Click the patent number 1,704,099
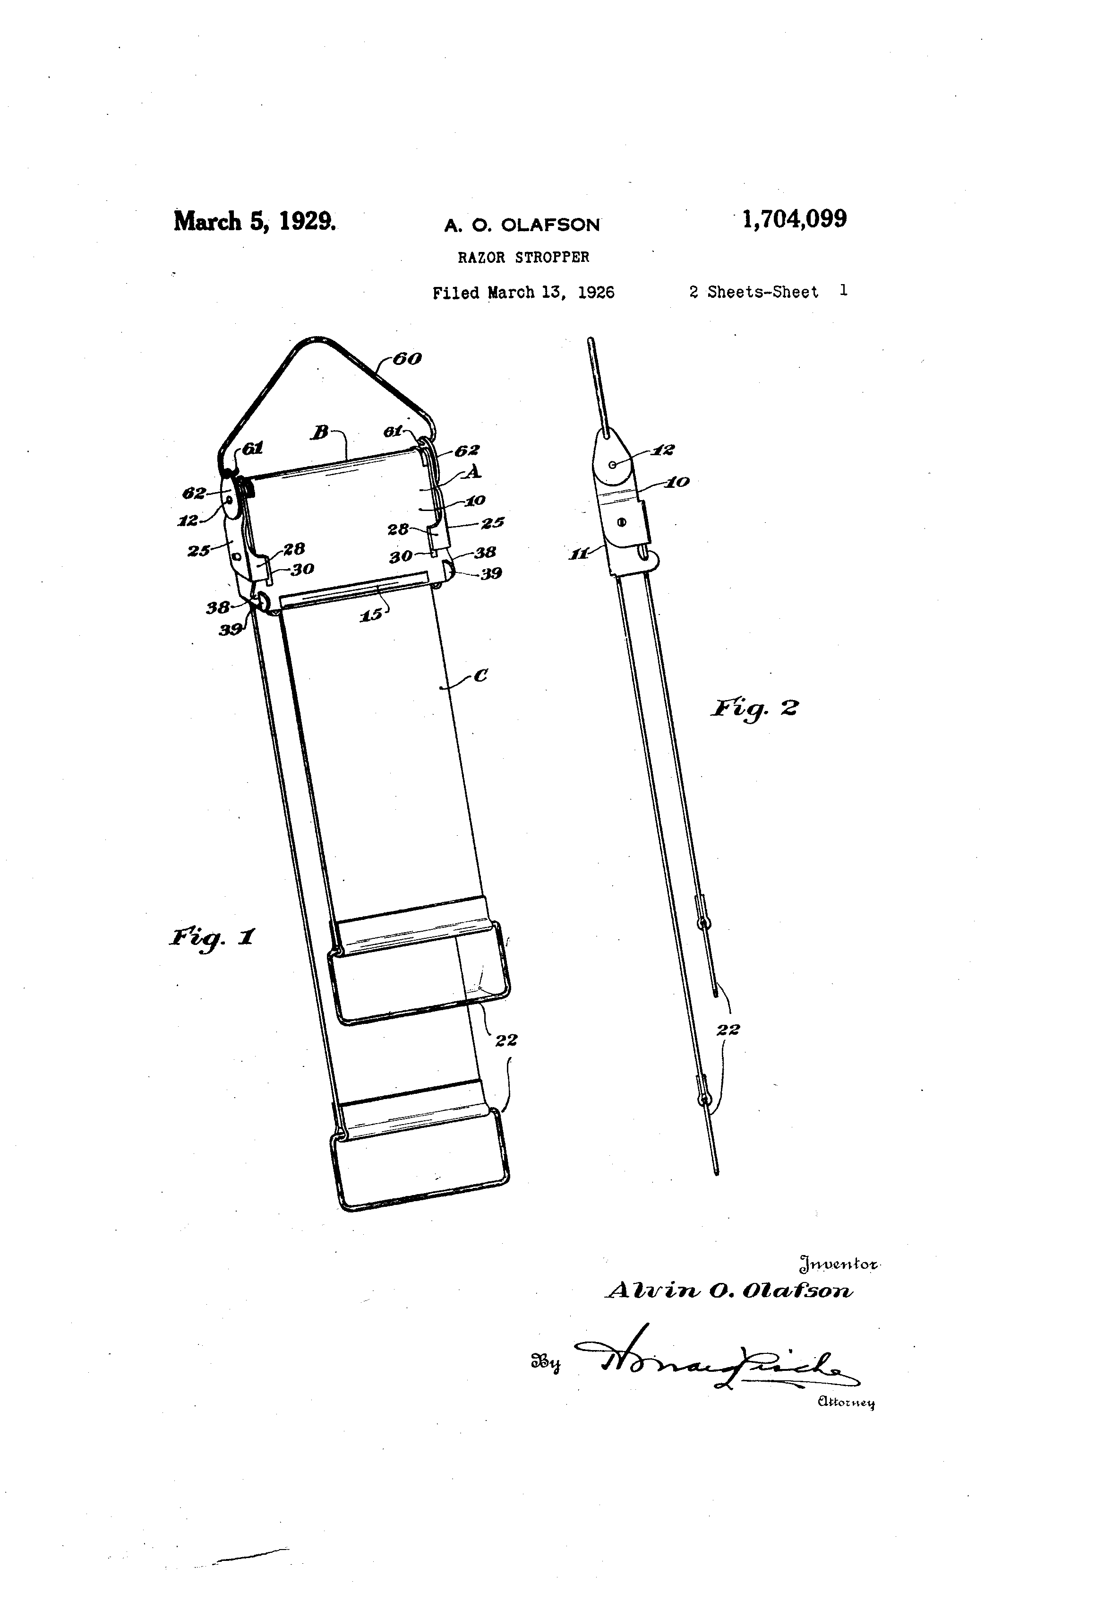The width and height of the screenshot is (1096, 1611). pos(794,220)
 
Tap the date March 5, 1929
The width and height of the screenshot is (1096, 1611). pos(254,221)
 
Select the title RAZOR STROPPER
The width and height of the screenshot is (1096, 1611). pos(523,257)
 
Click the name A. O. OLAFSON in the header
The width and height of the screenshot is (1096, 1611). pos(522,225)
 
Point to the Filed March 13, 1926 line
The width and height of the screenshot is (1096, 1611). pos(523,293)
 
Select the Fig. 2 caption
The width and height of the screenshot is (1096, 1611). pos(754,709)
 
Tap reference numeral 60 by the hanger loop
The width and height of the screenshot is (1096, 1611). pos(407,358)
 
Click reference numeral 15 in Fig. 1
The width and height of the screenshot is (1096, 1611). pos(371,614)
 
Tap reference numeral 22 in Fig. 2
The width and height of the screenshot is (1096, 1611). pos(728,1030)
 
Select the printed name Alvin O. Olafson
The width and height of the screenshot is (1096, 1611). pos(729,1291)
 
